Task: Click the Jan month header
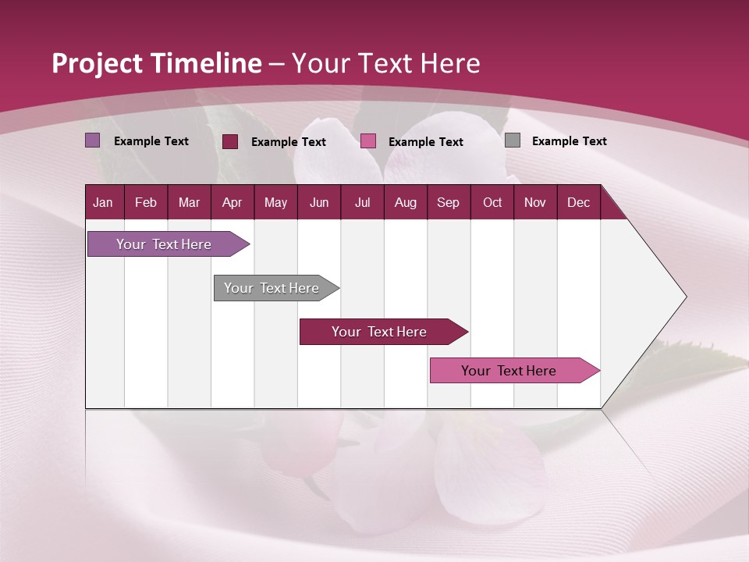coord(103,203)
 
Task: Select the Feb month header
coord(146,203)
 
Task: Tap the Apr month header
coord(232,203)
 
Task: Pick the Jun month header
coord(319,203)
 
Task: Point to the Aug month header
coord(405,203)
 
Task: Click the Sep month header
coord(448,203)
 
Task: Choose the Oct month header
coord(492,203)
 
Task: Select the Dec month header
coord(578,203)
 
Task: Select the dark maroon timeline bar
coord(380,332)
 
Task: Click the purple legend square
coord(93,140)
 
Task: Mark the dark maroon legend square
coord(230,141)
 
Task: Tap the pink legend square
coord(368,141)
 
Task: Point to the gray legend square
coord(513,140)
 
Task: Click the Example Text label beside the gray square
coord(569,141)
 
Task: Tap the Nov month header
coord(535,203)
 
